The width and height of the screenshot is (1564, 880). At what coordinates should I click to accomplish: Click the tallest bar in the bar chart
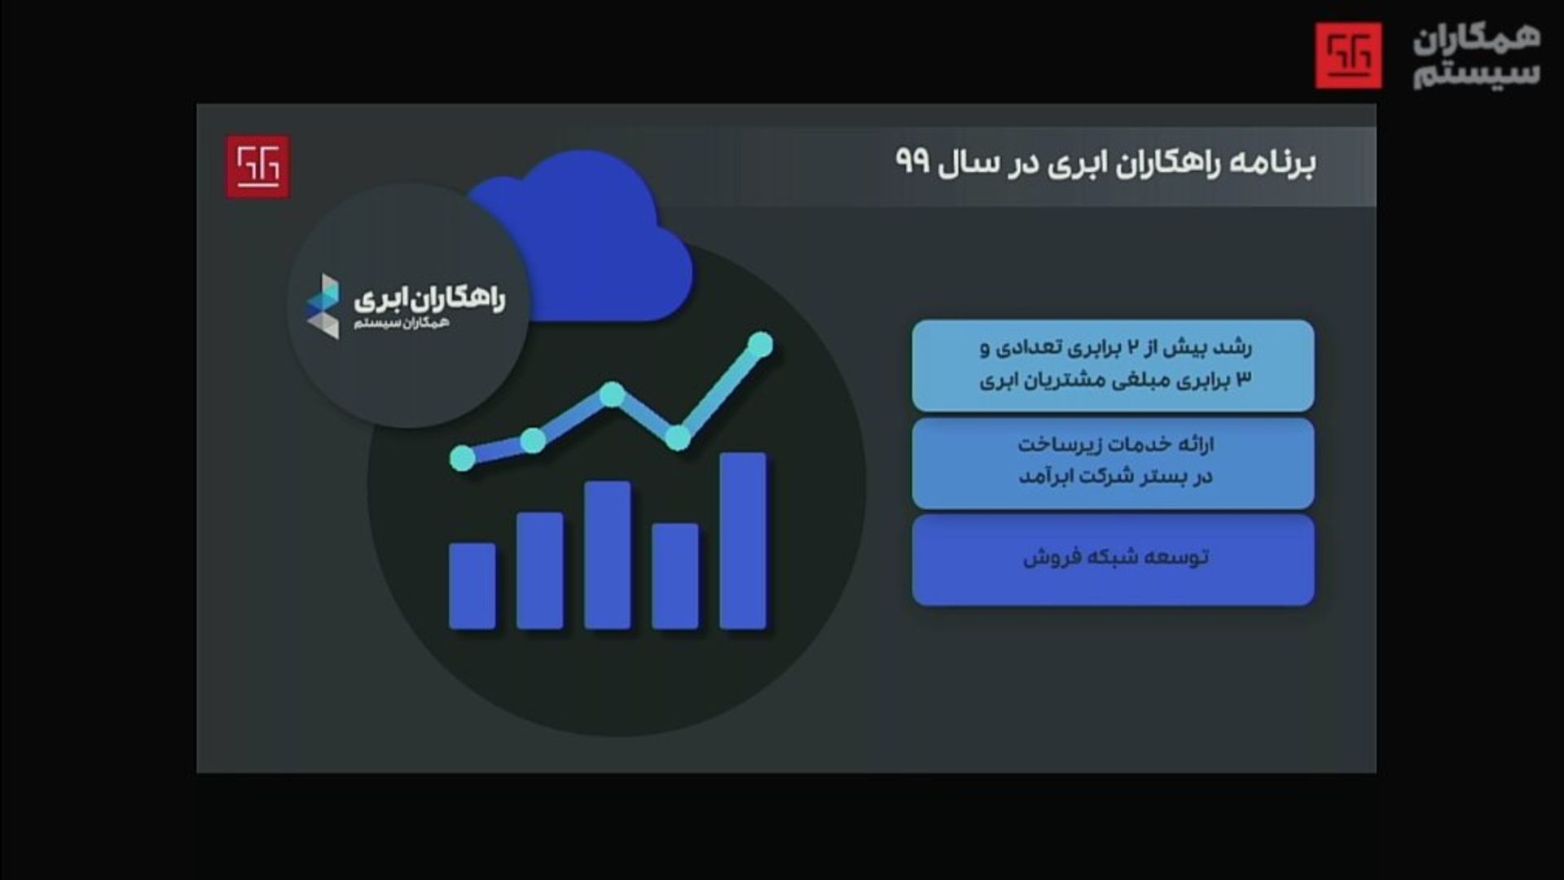pyautogui.click(x=743, y=541)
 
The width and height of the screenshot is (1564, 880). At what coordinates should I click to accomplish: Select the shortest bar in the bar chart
pyautogui.click(x=472, y=586)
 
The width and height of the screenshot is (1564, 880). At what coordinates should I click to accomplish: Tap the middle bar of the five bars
pyautogui.click(x=608, y=555)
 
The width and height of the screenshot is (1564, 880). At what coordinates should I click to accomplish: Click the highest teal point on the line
pyautogui.click(x=760, y=344)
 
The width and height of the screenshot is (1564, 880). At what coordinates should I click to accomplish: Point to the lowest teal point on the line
pyautogui.click(x=463, y=458)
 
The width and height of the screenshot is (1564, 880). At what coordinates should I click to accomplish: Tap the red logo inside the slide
pyautogui.click(x=257, y=166)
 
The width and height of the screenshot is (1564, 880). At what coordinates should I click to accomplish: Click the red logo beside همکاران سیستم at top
pyautogui.click(x=1348, y=55)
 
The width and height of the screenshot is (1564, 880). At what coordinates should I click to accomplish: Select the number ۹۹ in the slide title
pyautogui.click(x=913, y=161)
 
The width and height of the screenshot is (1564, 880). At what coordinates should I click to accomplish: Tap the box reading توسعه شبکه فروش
pyautogui.click(x=1113, y=560)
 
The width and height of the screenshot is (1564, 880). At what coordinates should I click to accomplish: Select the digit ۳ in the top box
pyautogui.click(x=1244, y=380)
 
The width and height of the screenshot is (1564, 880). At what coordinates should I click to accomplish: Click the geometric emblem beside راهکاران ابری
pyautogui.click(x=323, y=306)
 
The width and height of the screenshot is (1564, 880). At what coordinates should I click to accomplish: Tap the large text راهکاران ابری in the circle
pyautogui.click(x=429, y=299)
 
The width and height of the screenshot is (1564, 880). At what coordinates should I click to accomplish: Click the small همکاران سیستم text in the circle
pyautogui.click(x=402, y=324)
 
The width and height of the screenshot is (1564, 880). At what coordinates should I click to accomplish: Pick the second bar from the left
pyautogui.click(x=540, y=570)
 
